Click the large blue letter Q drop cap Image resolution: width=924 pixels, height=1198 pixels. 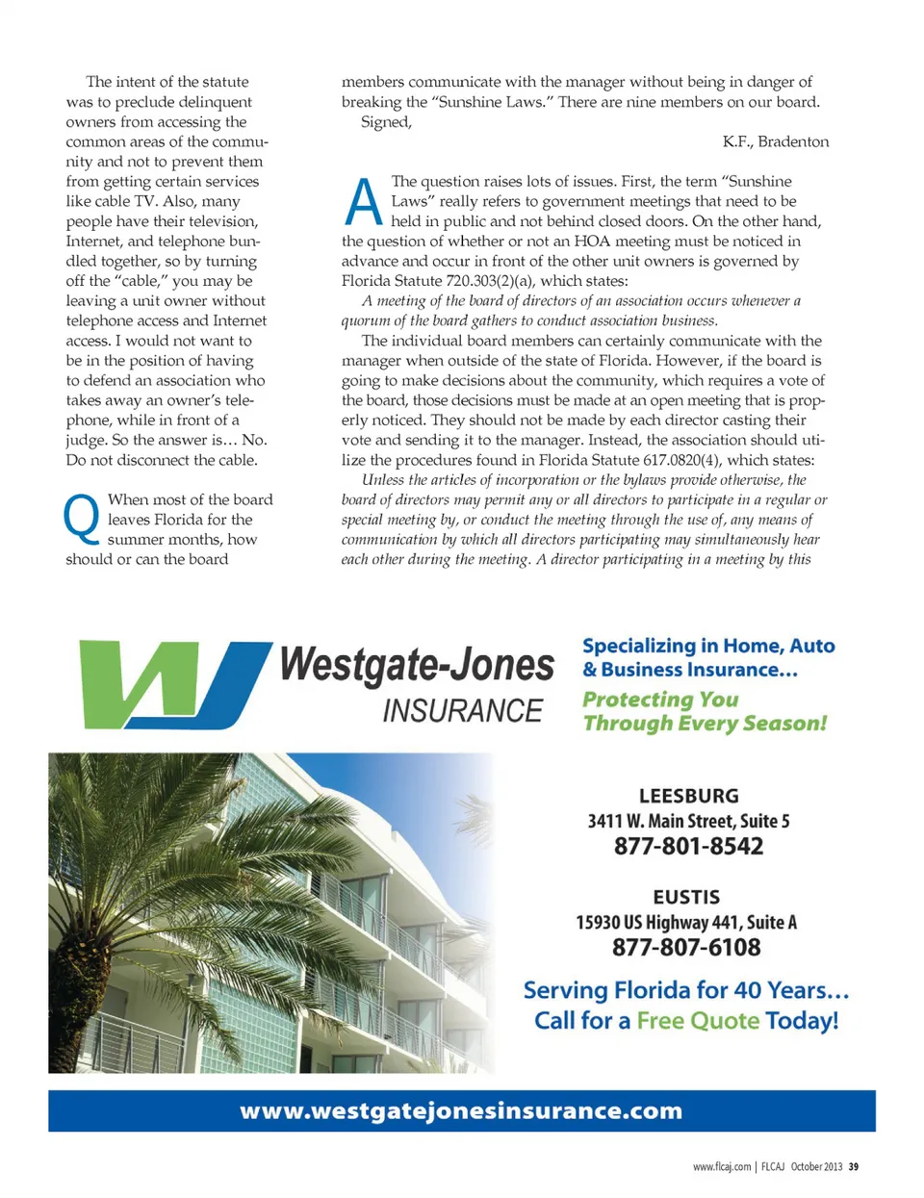[x=81, y=518]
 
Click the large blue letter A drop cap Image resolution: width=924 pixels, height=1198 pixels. [x=363, y=203]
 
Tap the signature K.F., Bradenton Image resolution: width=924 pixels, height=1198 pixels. [x=775, y=141]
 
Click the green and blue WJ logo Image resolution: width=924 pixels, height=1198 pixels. [x=173, y=683]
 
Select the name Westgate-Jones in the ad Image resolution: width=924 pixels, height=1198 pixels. [x=417, y=665]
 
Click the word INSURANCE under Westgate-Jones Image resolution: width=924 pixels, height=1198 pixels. [x=462, y=711]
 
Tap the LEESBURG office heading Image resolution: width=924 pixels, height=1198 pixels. [x=688, y=796]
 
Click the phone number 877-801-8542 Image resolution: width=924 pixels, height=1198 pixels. [x=688, y=846]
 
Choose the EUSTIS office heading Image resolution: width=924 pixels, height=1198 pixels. [x=686, y=897]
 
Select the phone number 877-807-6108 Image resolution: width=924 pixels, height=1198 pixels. [x=686, y=947]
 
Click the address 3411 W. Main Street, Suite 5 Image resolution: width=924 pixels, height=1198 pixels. [x=688, y=821]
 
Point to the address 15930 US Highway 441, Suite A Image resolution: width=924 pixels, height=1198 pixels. [x=686, y=922]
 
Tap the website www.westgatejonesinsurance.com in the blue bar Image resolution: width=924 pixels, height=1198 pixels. [x=461, y=1110]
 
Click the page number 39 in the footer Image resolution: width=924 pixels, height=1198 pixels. [x=854, y=1166]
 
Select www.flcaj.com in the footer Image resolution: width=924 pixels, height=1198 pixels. [x=722, y=1166]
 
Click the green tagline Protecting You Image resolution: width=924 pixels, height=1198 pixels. [x=660, y=700]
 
